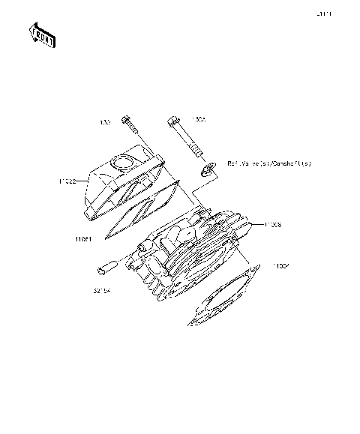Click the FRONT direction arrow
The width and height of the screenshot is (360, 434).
pyautogui.click(x=42, y=35)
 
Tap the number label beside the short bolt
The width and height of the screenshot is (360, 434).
pyautogui.click(x=105, y=121)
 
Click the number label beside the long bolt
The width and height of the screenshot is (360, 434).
pyautogui.click(x=198, y=118)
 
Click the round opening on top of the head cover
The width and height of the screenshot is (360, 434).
pyautogui.click(x=123, y=161)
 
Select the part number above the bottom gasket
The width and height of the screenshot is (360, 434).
pyautogui.click(x=280, y=266)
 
